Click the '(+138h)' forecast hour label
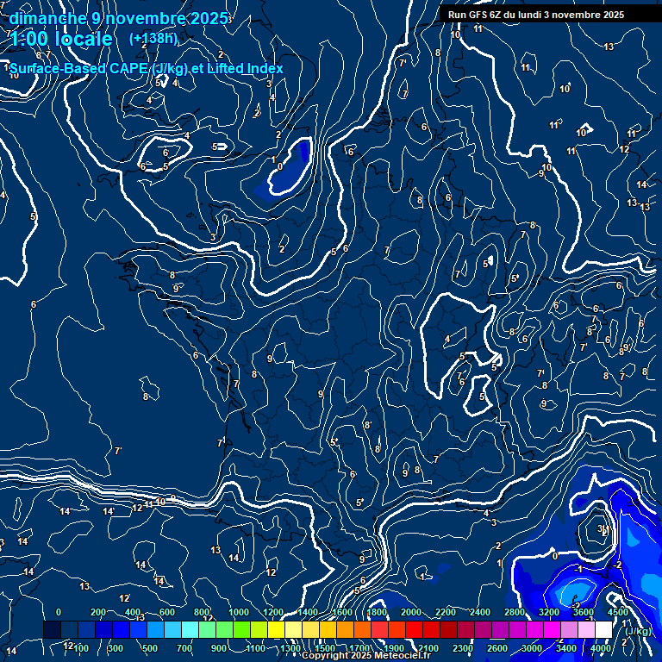tap(153, 38)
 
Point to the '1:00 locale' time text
tap(60, 39)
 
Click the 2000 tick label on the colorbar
tap(411, 612)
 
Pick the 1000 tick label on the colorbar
tap(238, 612)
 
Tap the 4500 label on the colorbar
tap(617, 612)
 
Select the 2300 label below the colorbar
tap(462, 648)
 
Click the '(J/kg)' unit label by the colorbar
tap(639, 631)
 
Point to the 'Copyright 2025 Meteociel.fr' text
tap(366, 656)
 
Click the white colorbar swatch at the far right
tap(603, 630)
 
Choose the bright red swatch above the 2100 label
tap(431, 630)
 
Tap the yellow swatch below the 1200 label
tap(276, 630)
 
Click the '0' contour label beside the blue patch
tap(280, 165)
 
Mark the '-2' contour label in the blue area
tap(618, 565)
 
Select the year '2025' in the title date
tap(209, 18)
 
